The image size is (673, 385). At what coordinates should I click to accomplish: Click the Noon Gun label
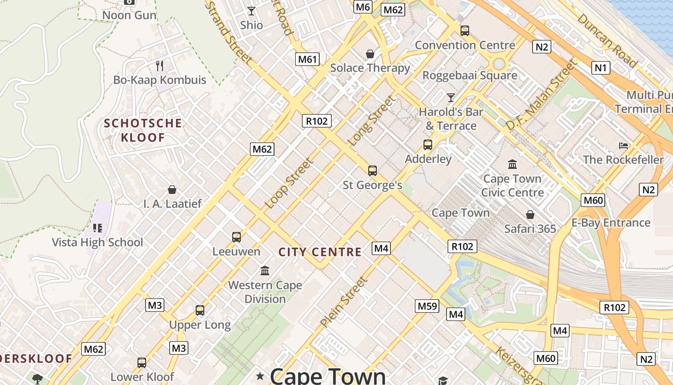[129, 15]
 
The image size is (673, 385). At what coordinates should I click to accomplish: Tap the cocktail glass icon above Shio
[251, 11]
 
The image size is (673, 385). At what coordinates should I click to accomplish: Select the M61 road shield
[308, 59]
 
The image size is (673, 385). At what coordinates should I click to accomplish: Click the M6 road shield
[363, 7]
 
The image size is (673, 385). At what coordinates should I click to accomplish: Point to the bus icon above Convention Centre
[464, 31]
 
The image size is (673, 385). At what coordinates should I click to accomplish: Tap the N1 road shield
[600, 68]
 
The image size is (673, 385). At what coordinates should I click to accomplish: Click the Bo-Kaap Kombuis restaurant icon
[160, 65]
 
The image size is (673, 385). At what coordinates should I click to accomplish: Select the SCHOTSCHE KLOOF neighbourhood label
[143, 130]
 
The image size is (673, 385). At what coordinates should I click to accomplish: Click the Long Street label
[372, 121]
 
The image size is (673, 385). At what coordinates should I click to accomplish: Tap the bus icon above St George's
[372, 170]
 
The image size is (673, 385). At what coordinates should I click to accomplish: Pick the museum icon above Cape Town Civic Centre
[512, 165]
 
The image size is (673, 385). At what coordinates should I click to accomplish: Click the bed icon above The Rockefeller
[623, 145]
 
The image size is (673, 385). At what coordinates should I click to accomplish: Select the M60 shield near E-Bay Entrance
[593, 200]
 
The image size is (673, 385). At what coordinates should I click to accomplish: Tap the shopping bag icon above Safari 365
[530, 215]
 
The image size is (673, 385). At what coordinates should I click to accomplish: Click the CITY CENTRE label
[320, 252]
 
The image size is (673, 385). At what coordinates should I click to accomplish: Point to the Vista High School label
[98, 242]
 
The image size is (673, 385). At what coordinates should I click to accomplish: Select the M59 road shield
[427, 306]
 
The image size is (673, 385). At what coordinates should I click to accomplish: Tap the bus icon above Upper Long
[200, 310]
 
